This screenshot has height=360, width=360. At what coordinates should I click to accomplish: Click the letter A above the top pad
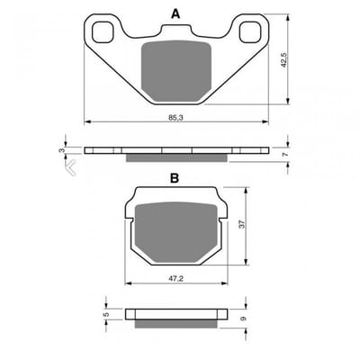coord(175,13)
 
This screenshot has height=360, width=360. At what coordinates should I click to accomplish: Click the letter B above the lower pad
coord(175,178)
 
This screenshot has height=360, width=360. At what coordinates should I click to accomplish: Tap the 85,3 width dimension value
coord(175,118)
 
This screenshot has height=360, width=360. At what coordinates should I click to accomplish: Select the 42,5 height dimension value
coord(283,60)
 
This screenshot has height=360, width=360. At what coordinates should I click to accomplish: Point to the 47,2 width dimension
coord(175,279)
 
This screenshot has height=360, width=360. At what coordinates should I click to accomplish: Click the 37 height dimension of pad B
coord(242,224)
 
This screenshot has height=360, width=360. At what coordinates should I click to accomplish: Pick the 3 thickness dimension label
coord(62,150)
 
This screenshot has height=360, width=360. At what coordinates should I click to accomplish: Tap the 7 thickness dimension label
coord(285,155)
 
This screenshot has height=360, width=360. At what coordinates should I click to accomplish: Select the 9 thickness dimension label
coord(243,319)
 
